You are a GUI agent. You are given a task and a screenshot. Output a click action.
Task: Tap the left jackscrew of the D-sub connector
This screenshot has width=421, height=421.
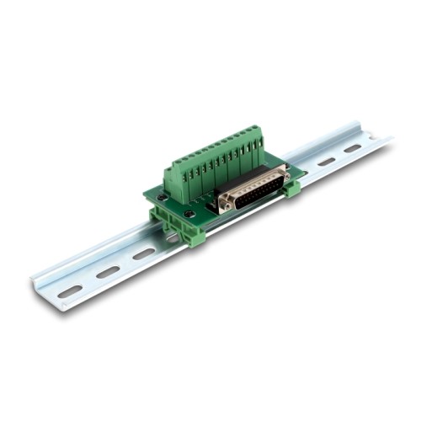(224, 205)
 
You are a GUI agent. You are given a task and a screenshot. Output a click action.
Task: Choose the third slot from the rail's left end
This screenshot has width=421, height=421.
(143, 254)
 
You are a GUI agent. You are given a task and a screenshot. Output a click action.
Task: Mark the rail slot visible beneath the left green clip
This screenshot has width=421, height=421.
(172, 238)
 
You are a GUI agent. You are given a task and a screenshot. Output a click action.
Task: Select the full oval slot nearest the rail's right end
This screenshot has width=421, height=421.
(352, 149)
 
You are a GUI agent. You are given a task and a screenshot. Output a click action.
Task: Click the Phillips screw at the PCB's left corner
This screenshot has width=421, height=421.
(162, 197)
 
